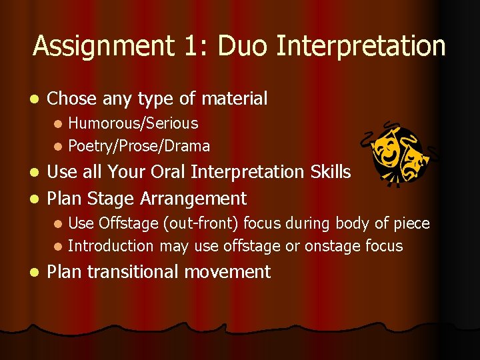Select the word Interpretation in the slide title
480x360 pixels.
(x=361, y=47)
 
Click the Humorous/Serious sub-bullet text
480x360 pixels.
(x=133, y=123)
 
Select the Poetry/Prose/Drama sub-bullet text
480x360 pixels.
(x=139, y=146)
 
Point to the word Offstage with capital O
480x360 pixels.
(x=126, y=223)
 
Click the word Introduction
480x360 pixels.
(x=111, y=246)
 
